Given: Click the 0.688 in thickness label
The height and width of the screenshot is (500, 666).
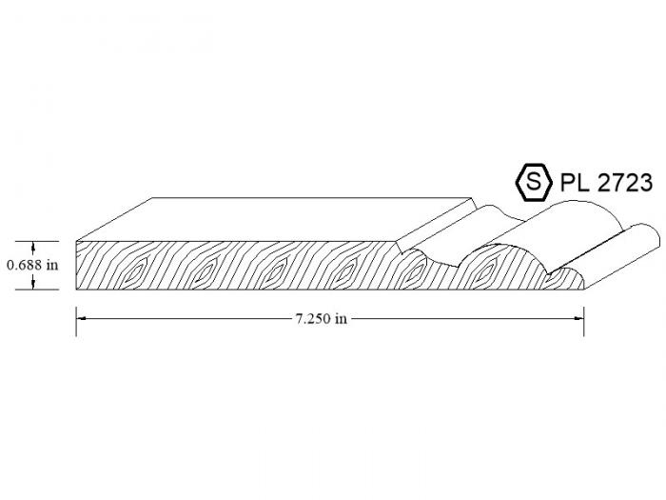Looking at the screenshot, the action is [x=32, y=266].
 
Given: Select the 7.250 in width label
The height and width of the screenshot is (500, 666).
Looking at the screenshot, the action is [x=322, y=318].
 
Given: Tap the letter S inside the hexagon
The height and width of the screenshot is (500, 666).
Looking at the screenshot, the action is [x=534, y=182].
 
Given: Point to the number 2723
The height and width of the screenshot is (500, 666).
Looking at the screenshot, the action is [x=624, y=183].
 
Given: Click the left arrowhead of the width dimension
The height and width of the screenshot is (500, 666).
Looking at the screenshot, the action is [x=82, y=318].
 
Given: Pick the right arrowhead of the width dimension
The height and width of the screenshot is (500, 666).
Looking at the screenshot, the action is [x=578, y=318].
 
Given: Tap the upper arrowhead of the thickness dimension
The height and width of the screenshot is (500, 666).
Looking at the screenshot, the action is [x=32, y=246].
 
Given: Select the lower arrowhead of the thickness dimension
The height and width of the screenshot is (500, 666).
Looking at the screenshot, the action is [x=32, y=285].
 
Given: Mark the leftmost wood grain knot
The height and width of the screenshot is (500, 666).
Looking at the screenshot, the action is [x=136, y=270].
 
